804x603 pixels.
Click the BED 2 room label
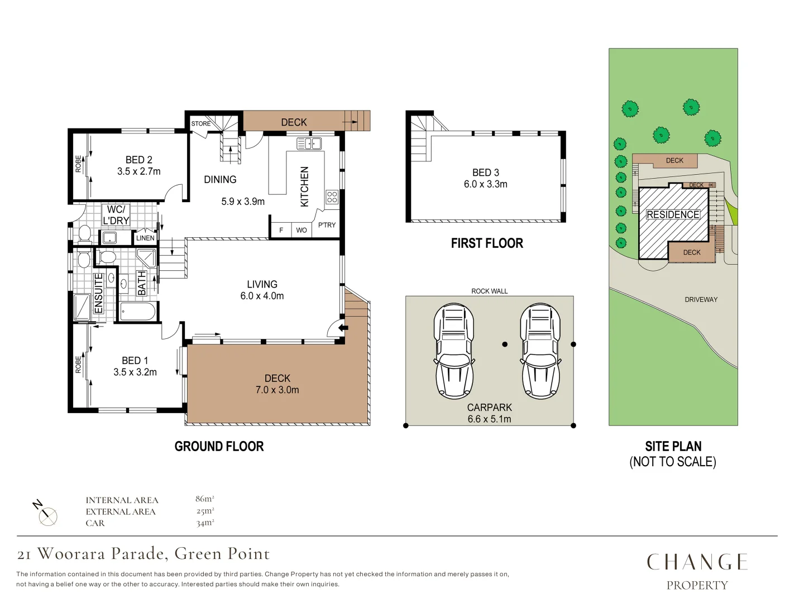tap(138, 160)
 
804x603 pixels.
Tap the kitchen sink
tap(309, 144)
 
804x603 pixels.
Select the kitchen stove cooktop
tap(332, 197)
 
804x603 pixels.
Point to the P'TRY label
tap(327, 225)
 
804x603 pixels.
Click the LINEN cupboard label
tap(145, 238)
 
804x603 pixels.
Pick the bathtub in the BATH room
tap(137, 312)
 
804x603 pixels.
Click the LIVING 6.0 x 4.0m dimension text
tap(262, 296)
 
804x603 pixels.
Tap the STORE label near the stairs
tap(201, 123)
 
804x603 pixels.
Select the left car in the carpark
tap(454, 351)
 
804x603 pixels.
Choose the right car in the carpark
tap(540, 351)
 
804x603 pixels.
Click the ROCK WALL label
tap(489, 291)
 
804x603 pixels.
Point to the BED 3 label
tap(485, 173)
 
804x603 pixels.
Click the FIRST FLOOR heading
tap(487, 243)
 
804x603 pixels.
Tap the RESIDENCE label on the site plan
tap(673, 214)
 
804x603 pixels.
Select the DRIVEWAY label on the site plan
tap(701, 300)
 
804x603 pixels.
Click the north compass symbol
tap(47, 515)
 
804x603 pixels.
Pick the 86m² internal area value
tap(204, 499)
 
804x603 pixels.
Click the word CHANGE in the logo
tap(697, 562)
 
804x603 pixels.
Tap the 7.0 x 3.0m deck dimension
tap(277, 390)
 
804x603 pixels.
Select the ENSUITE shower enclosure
tap(83, 307)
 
